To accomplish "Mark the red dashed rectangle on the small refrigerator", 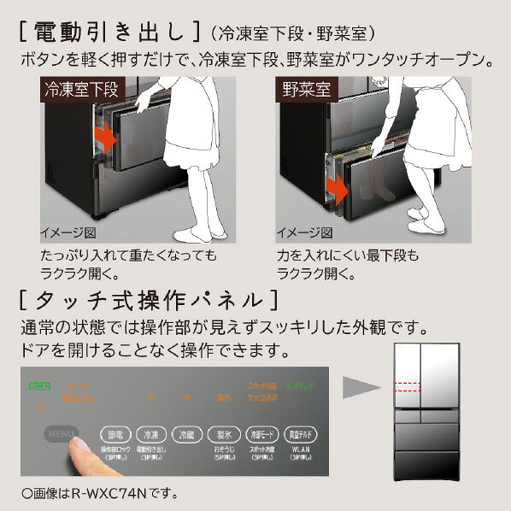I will (408, 387).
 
